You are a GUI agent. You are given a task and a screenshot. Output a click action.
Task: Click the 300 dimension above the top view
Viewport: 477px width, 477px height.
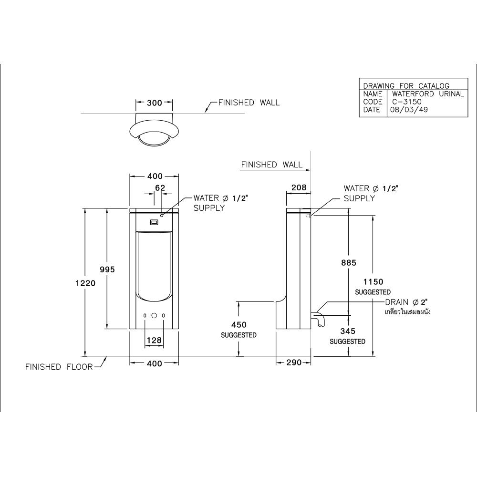(x=154, y=103)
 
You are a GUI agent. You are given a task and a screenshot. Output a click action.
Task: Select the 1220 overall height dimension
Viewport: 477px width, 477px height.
(x=85, y=283)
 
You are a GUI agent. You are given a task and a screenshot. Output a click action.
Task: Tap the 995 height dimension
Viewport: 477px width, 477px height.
(x=107, y=269)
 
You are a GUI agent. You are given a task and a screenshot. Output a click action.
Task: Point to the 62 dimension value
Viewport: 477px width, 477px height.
(x=160, y=188)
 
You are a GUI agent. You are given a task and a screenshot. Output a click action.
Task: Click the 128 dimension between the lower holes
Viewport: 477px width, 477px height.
(x=154, y=340)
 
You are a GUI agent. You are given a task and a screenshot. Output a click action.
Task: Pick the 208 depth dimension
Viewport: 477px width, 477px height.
(x=299, y=187)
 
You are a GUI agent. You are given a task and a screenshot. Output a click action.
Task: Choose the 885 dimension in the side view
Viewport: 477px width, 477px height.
(x=349, y=262)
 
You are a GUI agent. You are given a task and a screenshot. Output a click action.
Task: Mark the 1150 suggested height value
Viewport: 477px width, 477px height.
(x=373, y=282)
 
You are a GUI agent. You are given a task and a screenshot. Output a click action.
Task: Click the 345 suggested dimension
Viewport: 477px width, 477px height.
(x=348, y=331)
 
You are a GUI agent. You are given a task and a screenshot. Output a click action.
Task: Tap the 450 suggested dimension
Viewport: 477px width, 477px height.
(x=239, y=324)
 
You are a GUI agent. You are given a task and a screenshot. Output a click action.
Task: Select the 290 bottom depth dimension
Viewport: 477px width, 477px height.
(x=294, y=363)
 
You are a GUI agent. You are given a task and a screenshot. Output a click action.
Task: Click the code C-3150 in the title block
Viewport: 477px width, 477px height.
(x=407, y=102)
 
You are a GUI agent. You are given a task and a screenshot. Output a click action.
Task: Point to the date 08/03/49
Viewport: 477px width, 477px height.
(x=409, y=110)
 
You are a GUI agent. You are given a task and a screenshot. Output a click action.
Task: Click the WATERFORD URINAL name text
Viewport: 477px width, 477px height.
(x=428, y=93)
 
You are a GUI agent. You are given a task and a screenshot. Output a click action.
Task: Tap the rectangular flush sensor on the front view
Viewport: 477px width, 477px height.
(x=154, y=222)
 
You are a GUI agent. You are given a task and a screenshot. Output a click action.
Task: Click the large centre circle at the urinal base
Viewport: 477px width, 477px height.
(x=154, y=316)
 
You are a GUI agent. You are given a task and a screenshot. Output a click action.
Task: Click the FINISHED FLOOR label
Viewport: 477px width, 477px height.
(x=59, y=367)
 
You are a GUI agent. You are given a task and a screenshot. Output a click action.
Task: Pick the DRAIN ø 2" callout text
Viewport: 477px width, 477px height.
(x=406, y=302)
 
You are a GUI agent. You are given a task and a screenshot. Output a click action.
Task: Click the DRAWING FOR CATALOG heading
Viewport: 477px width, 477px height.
(x=406, y=86)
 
